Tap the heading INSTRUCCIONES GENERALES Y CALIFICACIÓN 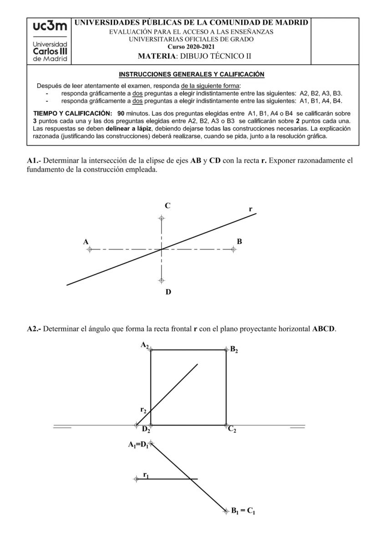tap(191, 74)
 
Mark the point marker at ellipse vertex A tap(89, 249)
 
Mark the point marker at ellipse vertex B tap(234, 249)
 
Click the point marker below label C tap(162, 218)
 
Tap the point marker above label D tap(162, 280)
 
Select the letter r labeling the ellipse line tap(251, 209)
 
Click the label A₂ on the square tap(145, 345)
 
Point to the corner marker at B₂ tap(226, 350)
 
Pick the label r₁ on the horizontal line tap(146, 475)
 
